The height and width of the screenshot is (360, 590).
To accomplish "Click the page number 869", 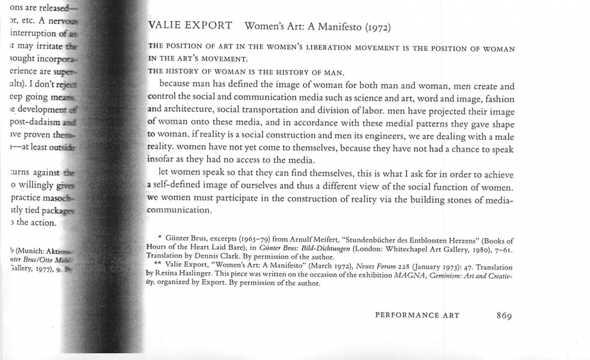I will point(504,315).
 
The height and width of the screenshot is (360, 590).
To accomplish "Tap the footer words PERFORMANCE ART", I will point(417,315).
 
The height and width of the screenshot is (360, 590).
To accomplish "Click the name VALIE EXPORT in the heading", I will point(190,26).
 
